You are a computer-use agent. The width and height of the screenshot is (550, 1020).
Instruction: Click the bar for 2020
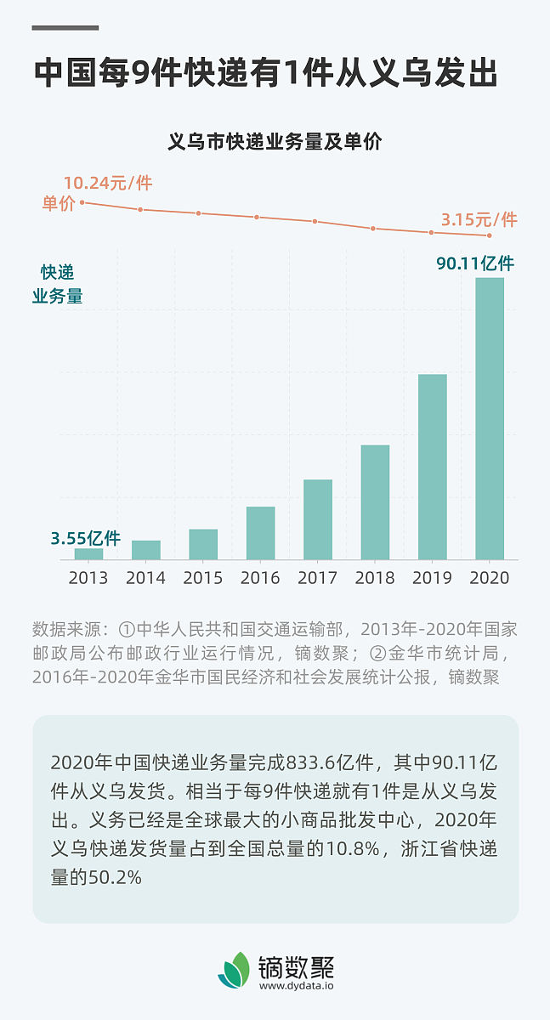coord(489,418)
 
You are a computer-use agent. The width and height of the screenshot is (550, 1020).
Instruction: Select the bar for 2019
coord(432,467)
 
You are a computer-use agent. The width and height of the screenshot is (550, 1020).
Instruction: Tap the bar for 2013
coord(88,553)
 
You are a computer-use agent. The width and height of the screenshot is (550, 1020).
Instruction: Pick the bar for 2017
coord(317,519)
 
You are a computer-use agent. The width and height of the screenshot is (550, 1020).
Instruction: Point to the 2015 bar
coord(203,544)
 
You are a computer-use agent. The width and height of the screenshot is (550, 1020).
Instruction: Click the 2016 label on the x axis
coord(260,578)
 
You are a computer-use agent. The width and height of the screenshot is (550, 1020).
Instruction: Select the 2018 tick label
coord(375,578)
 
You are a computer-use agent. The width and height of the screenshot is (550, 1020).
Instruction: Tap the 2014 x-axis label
coord(145,578)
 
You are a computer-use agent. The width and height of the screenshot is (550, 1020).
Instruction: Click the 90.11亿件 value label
coord(475,263)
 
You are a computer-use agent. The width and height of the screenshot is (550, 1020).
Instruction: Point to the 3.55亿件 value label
coord(85,538)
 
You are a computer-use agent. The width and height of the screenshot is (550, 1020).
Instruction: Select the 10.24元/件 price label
coord(107,183)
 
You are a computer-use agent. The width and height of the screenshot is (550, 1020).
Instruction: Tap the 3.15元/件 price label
coord(479,219)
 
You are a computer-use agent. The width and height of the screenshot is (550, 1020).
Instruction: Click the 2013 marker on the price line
coord(82,202)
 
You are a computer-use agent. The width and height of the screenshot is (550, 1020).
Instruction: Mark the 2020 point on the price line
coord(489,235)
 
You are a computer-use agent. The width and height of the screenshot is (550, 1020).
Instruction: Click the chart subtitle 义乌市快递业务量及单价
coord(275,142)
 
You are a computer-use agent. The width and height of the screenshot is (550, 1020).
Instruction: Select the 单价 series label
coord(59,204)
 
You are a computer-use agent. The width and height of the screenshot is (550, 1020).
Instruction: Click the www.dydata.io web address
coord(296,986)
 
